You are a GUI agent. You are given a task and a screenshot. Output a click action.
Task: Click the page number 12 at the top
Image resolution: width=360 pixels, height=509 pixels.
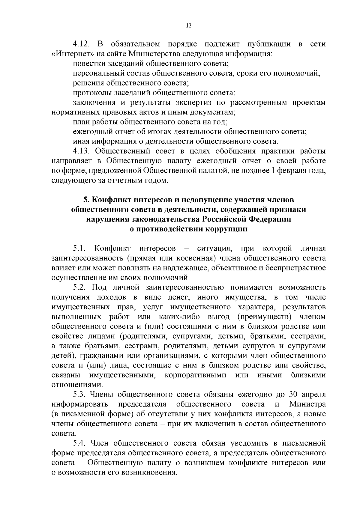coord(189,26)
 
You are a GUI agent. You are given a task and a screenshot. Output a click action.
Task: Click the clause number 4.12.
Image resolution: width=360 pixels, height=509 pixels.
coord(82,44)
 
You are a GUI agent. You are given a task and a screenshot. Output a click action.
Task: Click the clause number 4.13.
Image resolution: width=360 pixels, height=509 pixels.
coord(82,151)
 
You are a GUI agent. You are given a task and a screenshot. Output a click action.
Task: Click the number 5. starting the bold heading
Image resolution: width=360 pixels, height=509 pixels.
coord(86,200)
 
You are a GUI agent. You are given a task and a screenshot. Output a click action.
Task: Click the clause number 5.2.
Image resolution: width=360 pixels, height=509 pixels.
coord(79,287)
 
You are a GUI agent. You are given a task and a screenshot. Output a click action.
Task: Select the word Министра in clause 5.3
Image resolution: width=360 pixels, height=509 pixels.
coord(307,404)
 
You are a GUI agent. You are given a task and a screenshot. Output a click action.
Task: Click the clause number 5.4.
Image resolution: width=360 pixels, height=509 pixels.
coord(79,443)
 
